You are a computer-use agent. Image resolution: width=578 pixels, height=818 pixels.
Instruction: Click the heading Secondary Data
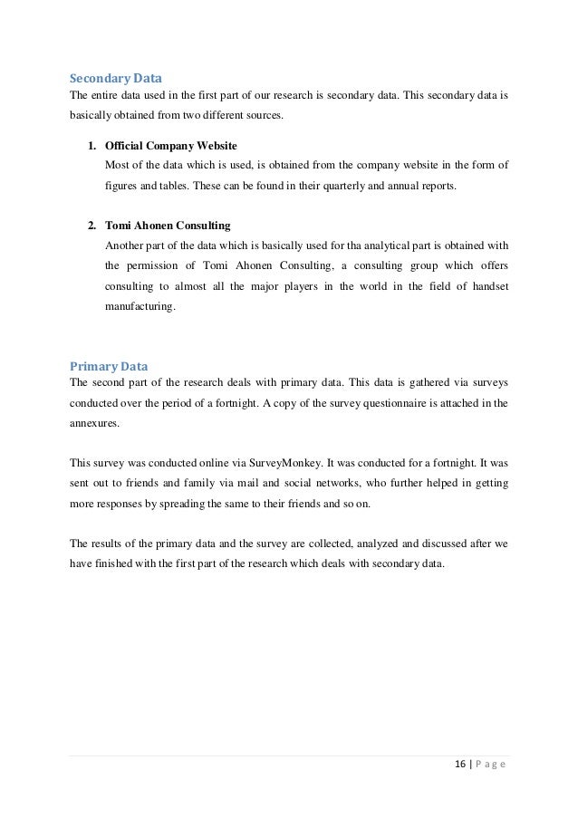point(110,78)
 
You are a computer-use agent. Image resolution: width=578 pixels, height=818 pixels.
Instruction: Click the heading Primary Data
point(108,366)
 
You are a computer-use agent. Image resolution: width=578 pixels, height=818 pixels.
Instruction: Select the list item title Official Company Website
point(171,145)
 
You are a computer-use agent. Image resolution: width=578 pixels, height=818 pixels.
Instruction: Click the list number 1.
point(92,145)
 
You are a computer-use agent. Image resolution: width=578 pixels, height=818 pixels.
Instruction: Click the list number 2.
point(92,226)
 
